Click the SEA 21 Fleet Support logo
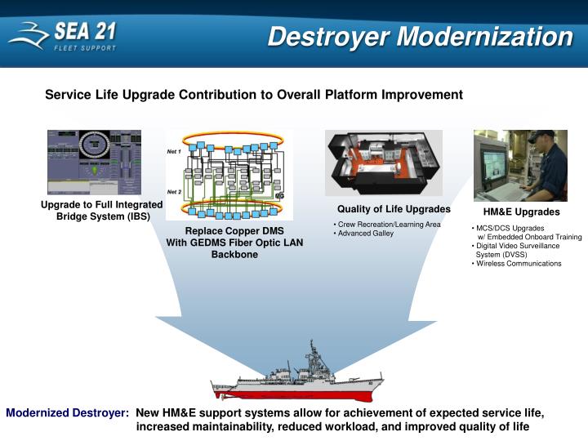point(62,36)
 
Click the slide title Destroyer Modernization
point(420,37)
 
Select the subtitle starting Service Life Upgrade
point(253,95)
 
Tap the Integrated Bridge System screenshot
point(94,162)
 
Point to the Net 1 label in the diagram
point(174,152)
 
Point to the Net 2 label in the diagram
point(174,191)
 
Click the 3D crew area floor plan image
point(383,163)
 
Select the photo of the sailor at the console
point(520,166)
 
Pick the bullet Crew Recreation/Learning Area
point(388,225)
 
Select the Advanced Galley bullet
point(365,234)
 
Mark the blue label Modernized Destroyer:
point(68,413)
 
